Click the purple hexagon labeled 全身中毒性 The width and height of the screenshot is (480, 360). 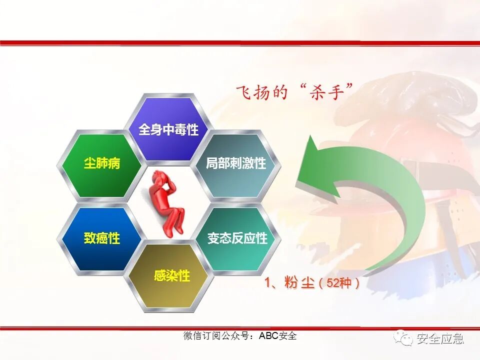click(168, 129)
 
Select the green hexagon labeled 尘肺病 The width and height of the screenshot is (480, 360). click(102, 163)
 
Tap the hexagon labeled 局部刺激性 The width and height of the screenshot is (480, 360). click(235, 163)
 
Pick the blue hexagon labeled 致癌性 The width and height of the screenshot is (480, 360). click(102, 238)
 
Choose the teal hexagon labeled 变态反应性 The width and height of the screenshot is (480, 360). click(237, 238)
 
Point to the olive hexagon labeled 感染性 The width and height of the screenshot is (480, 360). click(171, 275)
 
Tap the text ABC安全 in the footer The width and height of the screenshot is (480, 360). click(277, 336)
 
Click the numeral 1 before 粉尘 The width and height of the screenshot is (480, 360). click(268, 283)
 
